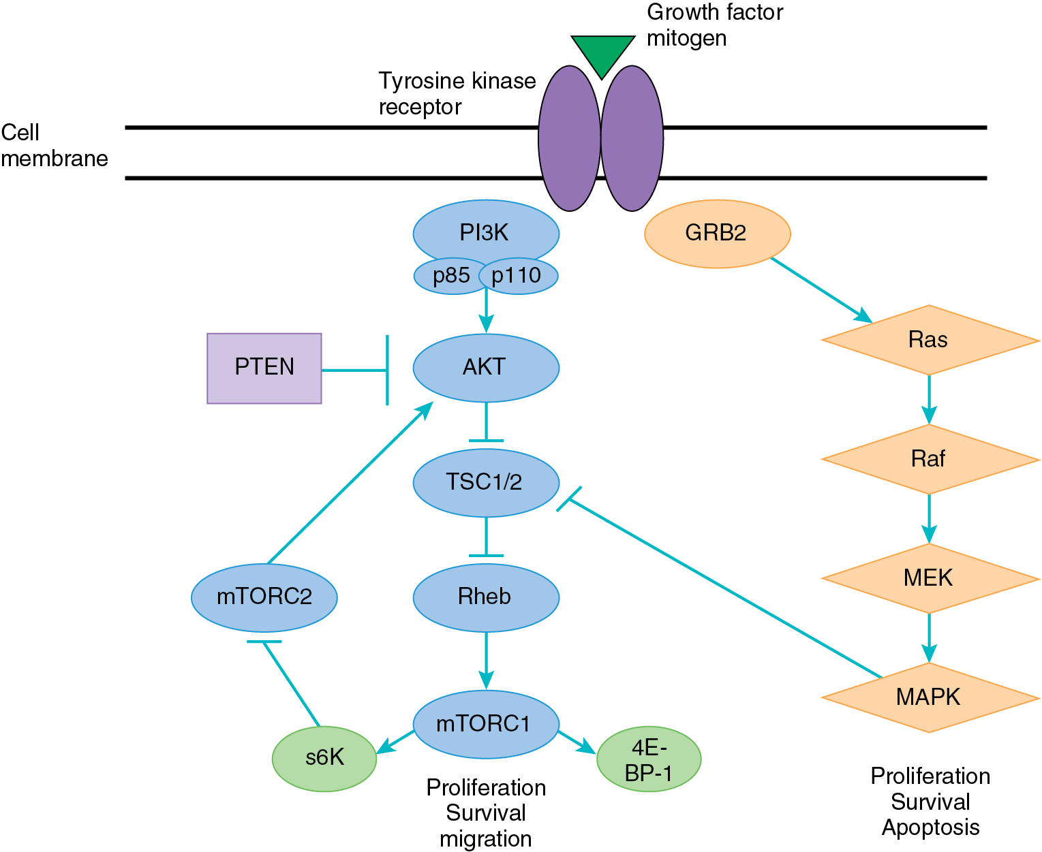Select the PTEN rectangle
[x=264, y=368]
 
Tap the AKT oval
[x=486, y=368]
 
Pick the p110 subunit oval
[x=518, y=276]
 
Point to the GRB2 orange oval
[x=717, y=234]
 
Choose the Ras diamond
[x=930, y=339]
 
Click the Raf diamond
[x=930, y=459]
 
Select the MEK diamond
[x=930, y=578]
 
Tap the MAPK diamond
[x=930, y=697]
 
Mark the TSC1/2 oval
[x=486, y=482]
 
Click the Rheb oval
[x=486, y=597]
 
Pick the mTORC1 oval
[x=486, y=724]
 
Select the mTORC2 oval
[x=264, y=597]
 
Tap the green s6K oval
[x=324, y=758]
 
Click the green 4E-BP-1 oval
[x=649, y=759]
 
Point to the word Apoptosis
[x=930, y=827]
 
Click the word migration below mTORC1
[x=486, y=839]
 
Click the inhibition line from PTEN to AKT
[x=354, y=370]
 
